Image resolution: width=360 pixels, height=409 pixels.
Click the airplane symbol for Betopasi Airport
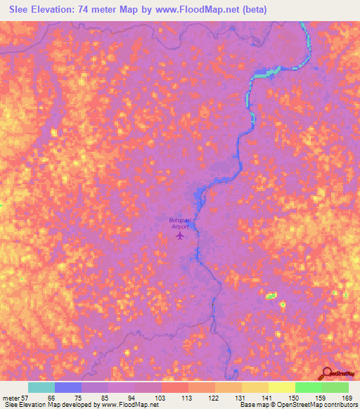tap(180, 235)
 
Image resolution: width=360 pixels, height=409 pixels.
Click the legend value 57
tap(26, 397)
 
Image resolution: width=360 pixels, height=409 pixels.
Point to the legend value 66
tap(51, 397)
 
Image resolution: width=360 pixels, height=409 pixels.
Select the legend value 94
tap(132, 397)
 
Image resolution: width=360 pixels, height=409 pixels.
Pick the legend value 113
tap(186, 397)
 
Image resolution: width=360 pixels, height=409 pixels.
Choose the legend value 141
tap(266, 397)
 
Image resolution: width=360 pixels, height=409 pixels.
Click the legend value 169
tap(347, 397)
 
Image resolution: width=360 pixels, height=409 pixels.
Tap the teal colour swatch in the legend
tap(41, 387)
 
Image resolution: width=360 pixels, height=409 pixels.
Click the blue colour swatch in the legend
tap(67, 387)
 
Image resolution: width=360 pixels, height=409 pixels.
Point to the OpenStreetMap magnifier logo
tap(326, 375)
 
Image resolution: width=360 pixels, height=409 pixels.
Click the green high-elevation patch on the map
tap(271, 297)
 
